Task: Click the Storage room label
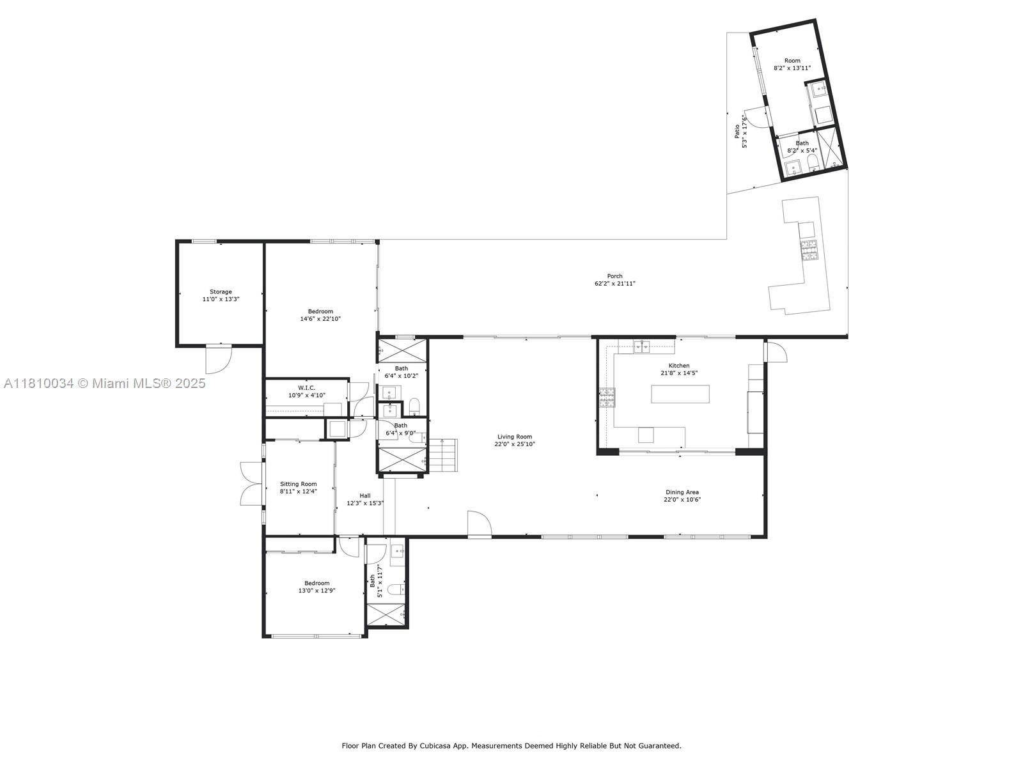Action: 221,291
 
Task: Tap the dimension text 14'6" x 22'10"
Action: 320,318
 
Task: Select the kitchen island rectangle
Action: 680,394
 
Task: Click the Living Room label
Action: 515,437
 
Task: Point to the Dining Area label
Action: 682,492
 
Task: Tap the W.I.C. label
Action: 306,387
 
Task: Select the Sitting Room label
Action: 298,484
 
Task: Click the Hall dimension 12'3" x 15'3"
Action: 365,503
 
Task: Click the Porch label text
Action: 614,276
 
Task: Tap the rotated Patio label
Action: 737,131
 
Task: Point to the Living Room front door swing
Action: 479,523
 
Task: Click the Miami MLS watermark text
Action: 104,383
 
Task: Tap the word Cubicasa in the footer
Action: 453,745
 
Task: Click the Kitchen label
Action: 678,366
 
